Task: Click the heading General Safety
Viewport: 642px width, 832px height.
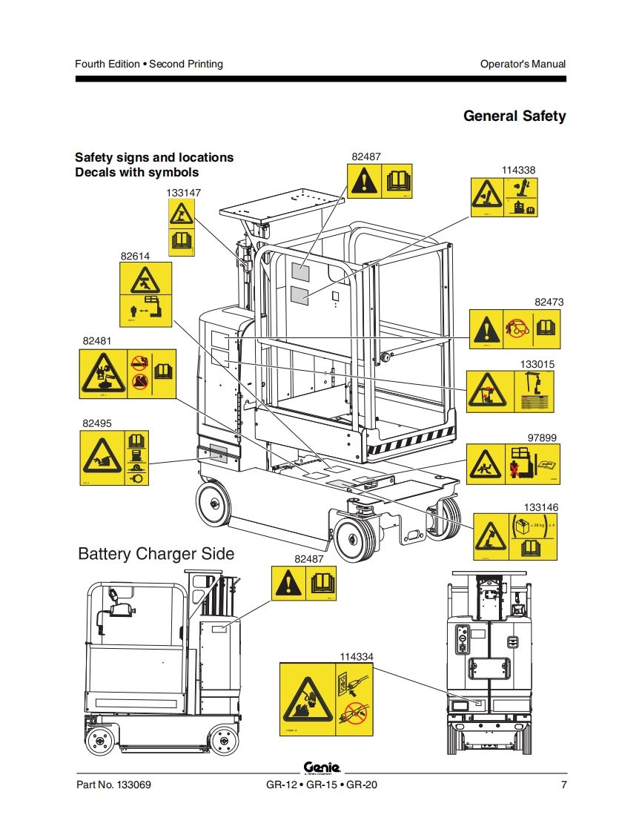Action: (514, 116)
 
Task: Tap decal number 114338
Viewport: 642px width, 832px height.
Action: (504, 197)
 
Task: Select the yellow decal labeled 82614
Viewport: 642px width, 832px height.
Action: (145, 294)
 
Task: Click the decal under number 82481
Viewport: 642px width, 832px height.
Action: (128, 374)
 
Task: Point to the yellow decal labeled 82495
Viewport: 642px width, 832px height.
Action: (113, 458)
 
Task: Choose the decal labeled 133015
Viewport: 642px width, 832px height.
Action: (510, 392)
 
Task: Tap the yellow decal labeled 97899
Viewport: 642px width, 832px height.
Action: (512, 464)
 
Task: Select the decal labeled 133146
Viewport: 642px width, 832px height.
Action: (514, 536)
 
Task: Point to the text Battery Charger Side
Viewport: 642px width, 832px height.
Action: (156, 554)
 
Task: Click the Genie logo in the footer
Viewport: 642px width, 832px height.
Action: (321, 767)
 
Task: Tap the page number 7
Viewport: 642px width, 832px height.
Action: (563, 785)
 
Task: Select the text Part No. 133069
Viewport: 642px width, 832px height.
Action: (114, 785)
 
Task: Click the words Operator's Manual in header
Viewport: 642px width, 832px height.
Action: (523, 64)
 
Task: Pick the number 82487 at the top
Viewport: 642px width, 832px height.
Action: (366, 156)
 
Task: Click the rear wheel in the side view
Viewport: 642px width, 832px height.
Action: (223, 738)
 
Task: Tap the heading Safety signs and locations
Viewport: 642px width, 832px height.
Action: (154, 157)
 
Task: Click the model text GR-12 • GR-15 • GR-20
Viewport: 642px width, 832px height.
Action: (321, 785)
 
